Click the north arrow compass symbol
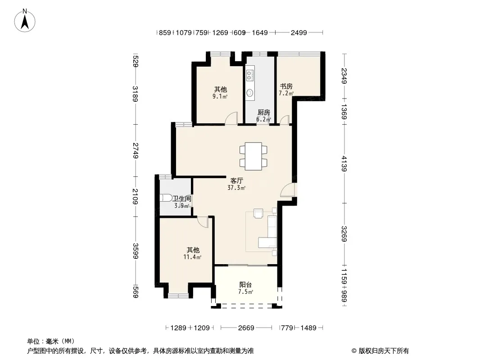tap(25, 21)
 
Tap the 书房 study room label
tap(286, 86)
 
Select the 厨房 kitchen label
tap(263, 112)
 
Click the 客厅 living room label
tap(237, 180)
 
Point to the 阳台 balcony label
tap(245, 285)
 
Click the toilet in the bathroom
tap(166, 198)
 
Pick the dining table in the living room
tap(254, 156)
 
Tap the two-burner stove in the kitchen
tap(250, 76)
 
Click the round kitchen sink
tap(250, 92)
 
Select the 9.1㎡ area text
tap(220, 97)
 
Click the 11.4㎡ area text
tap(192, 257)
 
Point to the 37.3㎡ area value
tap(237, 188)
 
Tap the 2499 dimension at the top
tap(299, 32)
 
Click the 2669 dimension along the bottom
tap(246, 328)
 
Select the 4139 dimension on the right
tap(344, 164)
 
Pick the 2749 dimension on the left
tap(135, 150)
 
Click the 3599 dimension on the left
tap(135, 251)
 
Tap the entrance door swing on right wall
tap(288, 189)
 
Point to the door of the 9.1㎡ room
tap(231, 118)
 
